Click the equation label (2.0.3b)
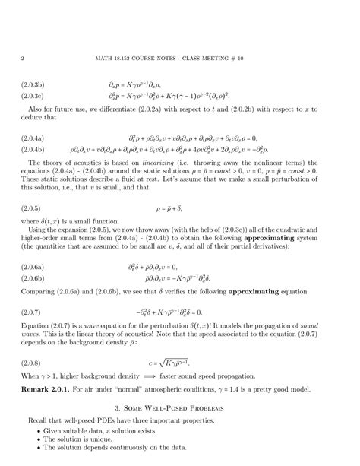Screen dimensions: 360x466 tap(36, 85)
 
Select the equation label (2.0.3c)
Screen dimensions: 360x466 tap(36, 96)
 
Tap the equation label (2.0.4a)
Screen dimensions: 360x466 tap(36, 139)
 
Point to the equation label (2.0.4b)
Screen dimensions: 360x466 tap(36, 151)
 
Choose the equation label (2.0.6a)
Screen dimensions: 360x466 tap(36, 268)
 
